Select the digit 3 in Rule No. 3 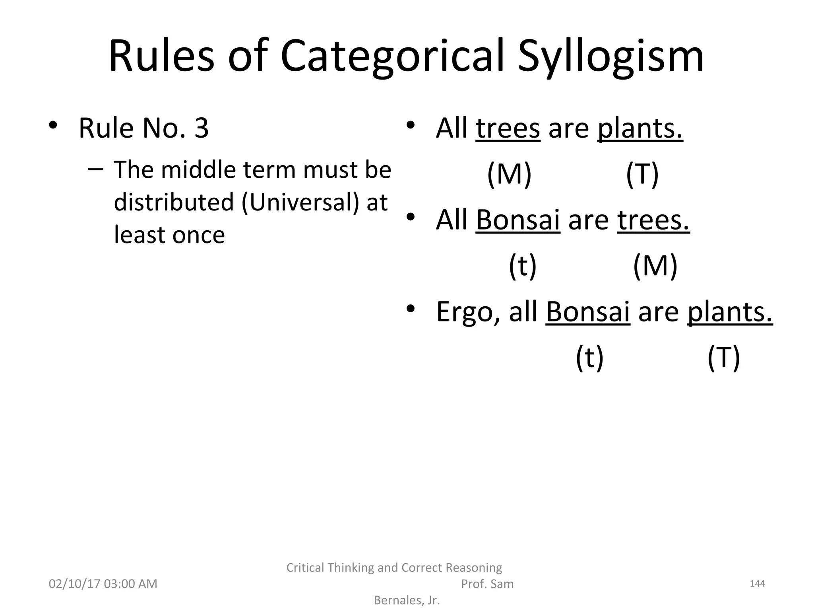tap(202, 128)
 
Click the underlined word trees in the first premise tap(508, 128)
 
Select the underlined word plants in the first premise tap(640, 128)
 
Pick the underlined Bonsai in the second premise tap(517, 220)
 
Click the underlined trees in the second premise tap(653, 220)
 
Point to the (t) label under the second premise tap(523, 266)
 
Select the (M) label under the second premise tap(655, 266)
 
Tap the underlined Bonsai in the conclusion tap(587, 311)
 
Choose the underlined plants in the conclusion tap(730, 311)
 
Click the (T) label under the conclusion tap(723, 358)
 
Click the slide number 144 tap(757, 584)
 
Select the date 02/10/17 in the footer tap(74, 584)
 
